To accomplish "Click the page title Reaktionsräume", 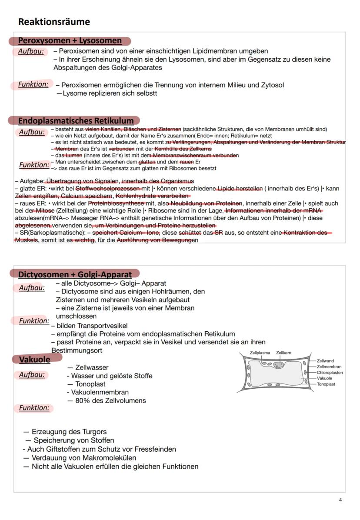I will click(x=54, y=22).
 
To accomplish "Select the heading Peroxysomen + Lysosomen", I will click(x=70, y=40).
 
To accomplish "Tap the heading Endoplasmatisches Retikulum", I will click(x=76, y=120).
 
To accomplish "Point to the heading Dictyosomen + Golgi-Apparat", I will click(x=75, y=274).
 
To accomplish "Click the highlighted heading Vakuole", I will click(x=34, y=360).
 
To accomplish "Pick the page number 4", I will click(x=340, y=500).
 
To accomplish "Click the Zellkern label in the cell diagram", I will click(x=283, y=353).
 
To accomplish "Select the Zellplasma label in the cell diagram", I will click(x=260, y=353).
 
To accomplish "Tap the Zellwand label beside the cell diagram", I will click(x=325, y=361).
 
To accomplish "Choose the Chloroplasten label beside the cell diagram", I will click(x=330, y=373).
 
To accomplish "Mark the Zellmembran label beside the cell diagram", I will click(x=329, y=367).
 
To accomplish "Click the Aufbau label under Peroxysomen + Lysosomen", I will click(x=30, y=51).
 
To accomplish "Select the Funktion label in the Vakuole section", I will click(x=34, y=408).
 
